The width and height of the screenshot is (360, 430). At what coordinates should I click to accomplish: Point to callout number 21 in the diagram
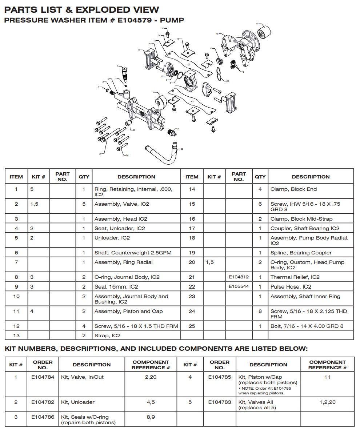178,129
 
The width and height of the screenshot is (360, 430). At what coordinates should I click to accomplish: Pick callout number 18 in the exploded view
217,34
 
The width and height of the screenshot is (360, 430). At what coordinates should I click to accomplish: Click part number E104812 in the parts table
239,277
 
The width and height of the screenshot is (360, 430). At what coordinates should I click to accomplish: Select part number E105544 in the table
239,286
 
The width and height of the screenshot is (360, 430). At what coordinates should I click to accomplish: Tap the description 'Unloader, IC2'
112,238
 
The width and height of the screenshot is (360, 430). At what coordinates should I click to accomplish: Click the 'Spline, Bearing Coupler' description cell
301,253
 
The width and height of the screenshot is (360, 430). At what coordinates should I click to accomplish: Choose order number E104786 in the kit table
43,417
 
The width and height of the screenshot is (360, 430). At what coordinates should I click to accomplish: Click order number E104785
219,377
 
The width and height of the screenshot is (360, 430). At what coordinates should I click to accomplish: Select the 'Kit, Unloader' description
78,402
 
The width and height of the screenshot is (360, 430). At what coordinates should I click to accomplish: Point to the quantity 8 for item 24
260,311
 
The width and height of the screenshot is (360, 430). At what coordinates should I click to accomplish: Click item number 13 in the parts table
16,335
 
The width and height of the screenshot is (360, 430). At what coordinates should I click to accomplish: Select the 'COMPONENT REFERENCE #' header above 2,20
151,365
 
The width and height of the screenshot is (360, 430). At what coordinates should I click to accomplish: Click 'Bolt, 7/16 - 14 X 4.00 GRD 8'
307,326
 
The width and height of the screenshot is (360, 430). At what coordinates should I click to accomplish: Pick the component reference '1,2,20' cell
327,402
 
